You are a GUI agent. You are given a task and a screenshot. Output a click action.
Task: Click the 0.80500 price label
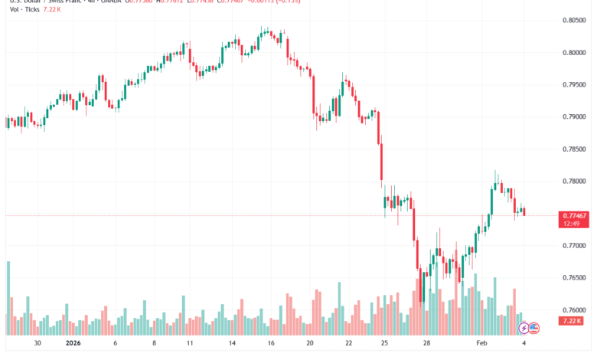[x=573, y=21]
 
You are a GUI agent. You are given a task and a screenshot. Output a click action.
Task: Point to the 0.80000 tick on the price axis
[x=573, y=53]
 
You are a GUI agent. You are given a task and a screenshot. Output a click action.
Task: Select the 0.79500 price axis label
[x=573, y=85]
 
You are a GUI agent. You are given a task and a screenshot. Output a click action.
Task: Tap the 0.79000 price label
[x=573, y=117]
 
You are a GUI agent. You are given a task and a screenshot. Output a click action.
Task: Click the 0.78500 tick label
[x=573, y=149]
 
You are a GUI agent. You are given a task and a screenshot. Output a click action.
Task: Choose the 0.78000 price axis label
[x=573, y=182]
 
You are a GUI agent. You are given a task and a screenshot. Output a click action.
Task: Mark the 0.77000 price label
[x=573, y=246]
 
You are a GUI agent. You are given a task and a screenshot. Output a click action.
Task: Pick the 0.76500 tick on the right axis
[x=573, y=278]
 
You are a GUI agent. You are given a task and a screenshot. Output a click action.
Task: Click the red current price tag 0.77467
[x=573, y=217]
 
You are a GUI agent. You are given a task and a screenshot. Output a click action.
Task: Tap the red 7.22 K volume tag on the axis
[x=570, y=321]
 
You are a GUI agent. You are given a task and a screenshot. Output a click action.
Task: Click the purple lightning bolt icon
[x=524, y=328]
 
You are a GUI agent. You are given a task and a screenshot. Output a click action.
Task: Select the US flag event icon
[x=534, y=328]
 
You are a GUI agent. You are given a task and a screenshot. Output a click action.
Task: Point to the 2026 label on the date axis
[x=73, y=345]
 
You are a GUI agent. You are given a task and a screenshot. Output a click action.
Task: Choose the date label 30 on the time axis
[x=38, y=345]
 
